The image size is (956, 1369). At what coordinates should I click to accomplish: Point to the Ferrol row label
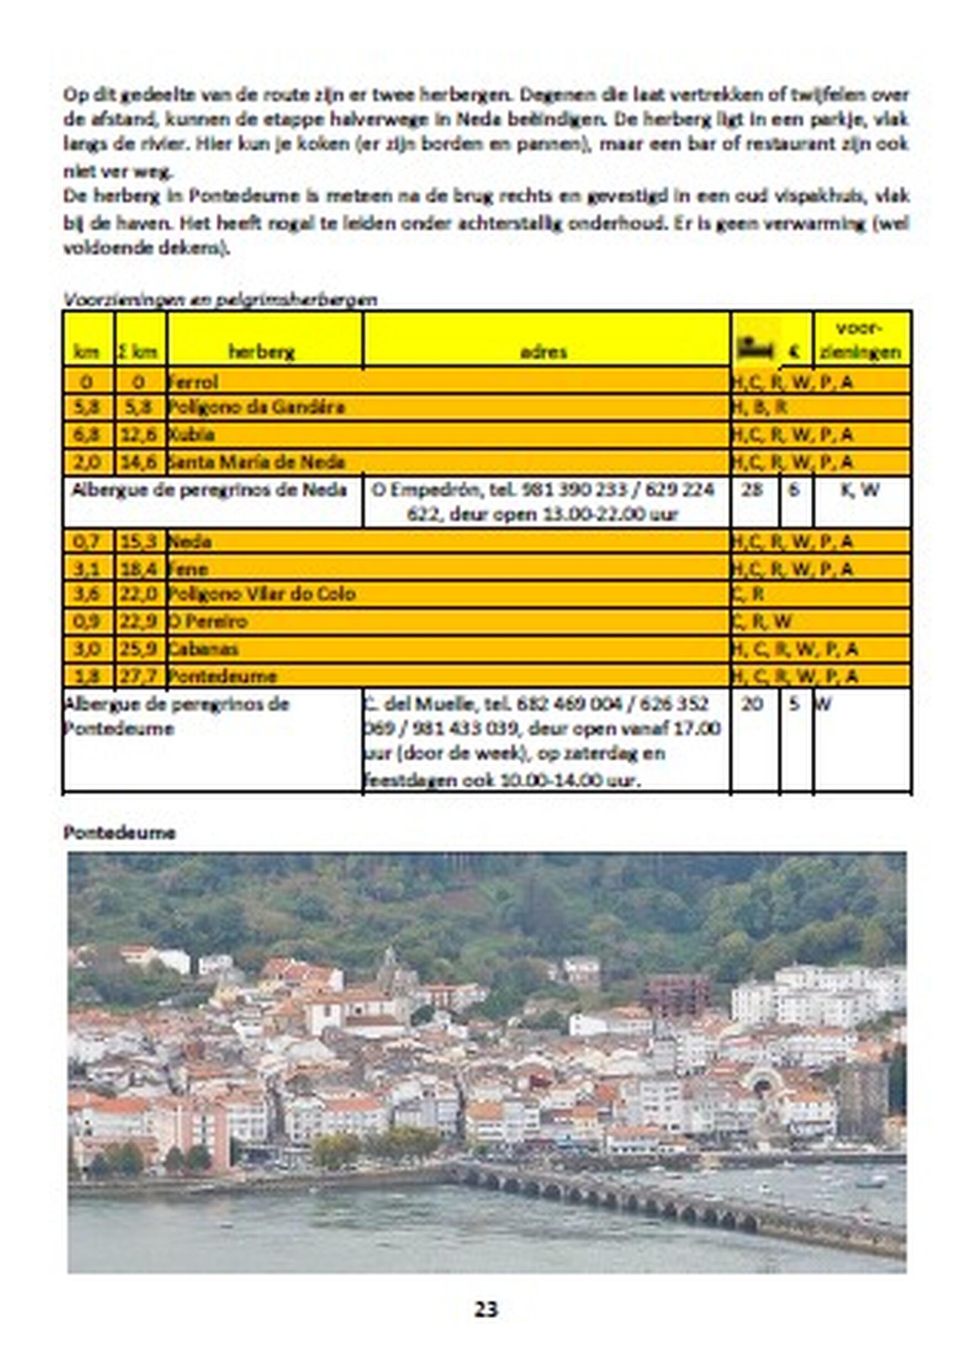(x=193, y=381)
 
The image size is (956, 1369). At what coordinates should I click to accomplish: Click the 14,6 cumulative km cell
(x=139, y=461)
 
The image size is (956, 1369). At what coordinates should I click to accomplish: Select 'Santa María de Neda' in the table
(x=256, y=461)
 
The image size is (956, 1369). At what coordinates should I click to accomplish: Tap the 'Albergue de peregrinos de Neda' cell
(x=209, y=490)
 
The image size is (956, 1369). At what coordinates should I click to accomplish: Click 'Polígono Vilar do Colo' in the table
(x=262, y=594)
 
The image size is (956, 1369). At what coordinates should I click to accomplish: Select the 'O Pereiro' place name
(x=208, y=622)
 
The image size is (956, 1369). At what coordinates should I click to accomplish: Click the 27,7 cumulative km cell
(x=139, y=676)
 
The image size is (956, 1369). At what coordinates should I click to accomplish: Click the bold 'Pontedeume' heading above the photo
(x=119, y=832)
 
